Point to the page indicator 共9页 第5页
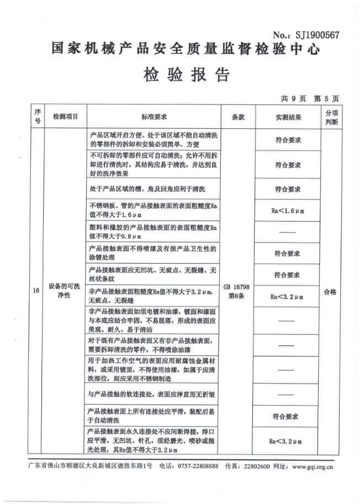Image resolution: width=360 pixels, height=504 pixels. (309, 98)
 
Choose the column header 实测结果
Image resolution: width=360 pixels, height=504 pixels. (288, 117)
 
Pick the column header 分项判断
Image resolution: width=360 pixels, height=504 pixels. (330, 117)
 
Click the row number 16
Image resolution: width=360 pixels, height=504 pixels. (36, 292)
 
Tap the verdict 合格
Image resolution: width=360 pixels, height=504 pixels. (330, 292)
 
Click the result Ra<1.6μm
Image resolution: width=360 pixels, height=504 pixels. (288, 211)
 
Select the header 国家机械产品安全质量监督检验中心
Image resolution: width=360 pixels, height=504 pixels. (186, 49)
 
